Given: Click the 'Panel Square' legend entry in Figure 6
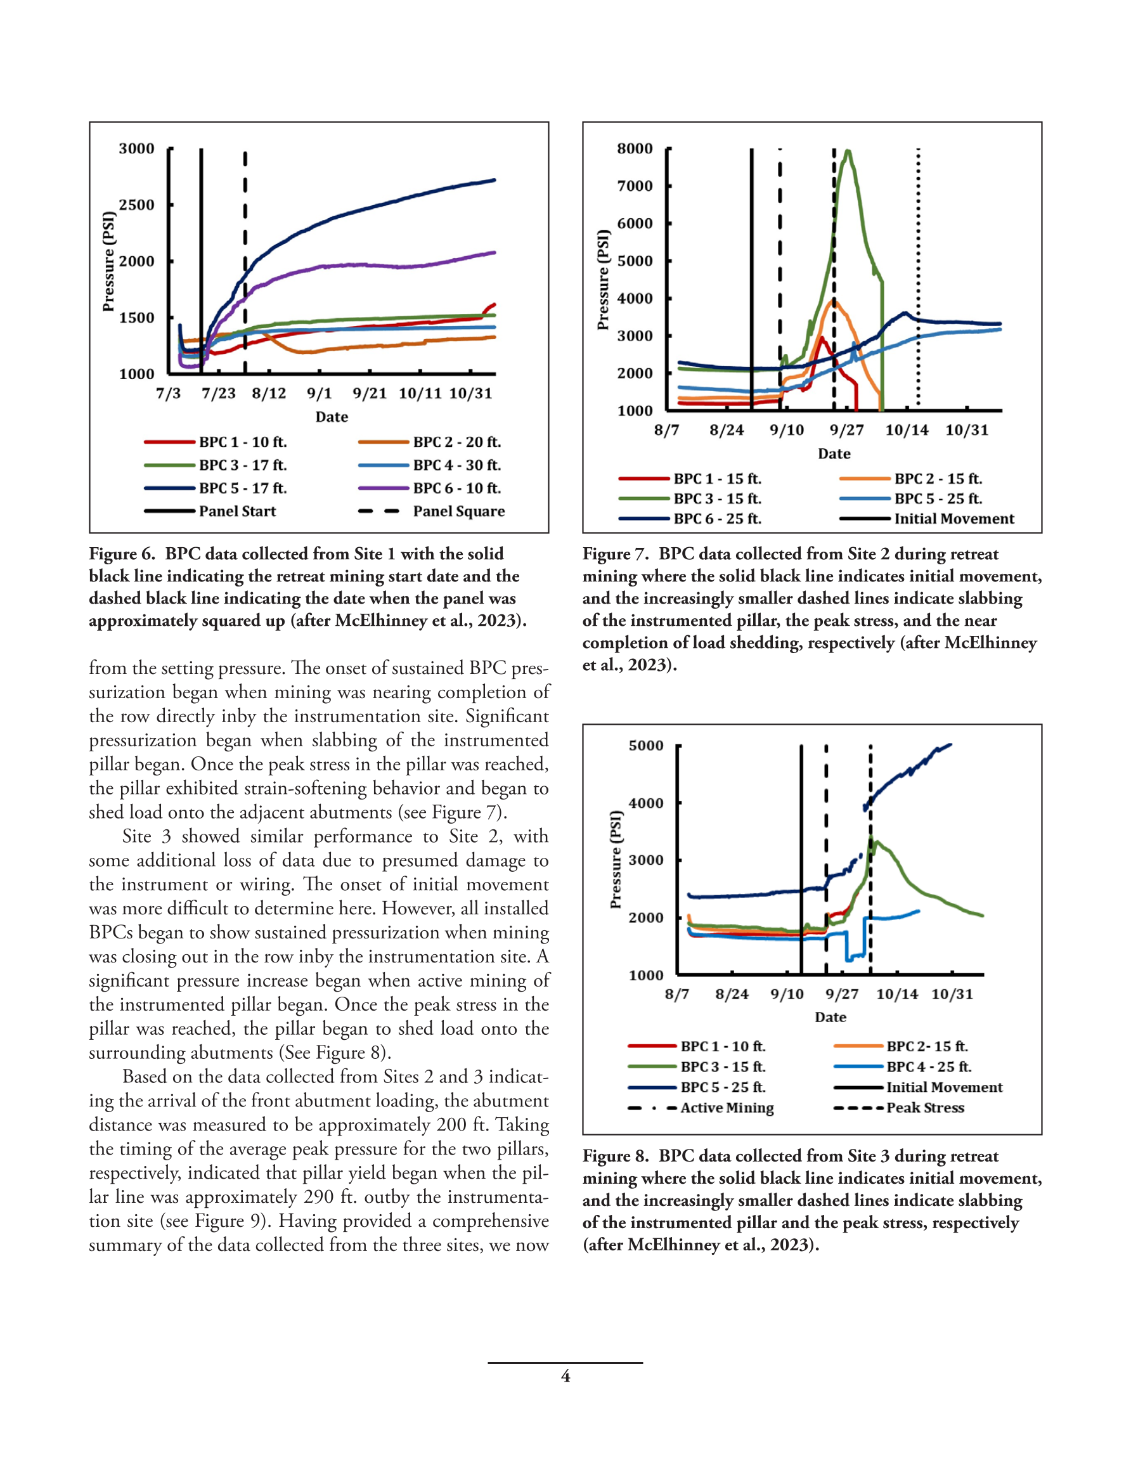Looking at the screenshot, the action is [x=431, y=512].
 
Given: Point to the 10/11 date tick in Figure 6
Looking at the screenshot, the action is [x=420, y=394].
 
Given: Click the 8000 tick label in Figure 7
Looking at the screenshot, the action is [x=635, y=148].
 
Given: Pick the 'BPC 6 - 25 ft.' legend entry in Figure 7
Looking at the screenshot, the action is [x=690, y=518].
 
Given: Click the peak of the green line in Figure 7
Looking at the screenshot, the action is [x=848, y=151].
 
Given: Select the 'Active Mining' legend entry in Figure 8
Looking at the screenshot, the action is [x=701, y=1108].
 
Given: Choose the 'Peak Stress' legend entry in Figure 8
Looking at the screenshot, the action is [x=899, y=1108].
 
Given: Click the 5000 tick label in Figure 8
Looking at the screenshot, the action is [x=646, y=746].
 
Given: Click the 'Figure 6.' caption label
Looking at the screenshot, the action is [x=122, y=554].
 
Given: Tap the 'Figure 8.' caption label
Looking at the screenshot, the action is [x=616, y=1156].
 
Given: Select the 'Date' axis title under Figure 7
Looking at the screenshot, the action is [x=834, y=454].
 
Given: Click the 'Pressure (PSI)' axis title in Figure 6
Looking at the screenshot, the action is [x=108, y=261].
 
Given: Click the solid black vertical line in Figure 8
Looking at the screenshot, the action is [x=801, y=859].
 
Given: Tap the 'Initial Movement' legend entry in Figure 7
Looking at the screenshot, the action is [x=926, y=518].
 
